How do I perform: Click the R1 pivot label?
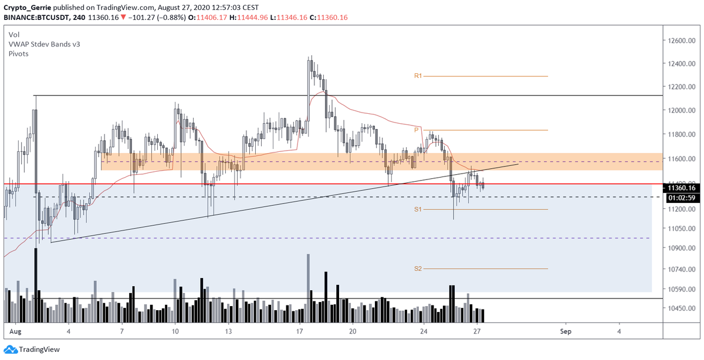pyautogui.click(x=418, y=76)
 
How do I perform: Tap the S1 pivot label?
pyautogui.click(x=418, y=209)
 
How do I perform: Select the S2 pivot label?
pyautogui.click(x=418, y=269)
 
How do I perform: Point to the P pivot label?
pyautogui.click(x=416, y=130)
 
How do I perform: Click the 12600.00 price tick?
pyautogui.click(x=681, y=40)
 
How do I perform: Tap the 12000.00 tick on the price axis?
pyautogui.click(x=681, y=111)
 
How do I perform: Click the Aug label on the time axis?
pyautogui.click(x=16, y=331)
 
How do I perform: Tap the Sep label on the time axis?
pyautogui.click(x=566, y=331)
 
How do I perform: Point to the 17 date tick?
pyautogui.click(x=299, y=331)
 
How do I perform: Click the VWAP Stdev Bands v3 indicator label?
pyautogui.click(x=40, y=44)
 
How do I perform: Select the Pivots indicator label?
pyautogui.click(x=19, y=53)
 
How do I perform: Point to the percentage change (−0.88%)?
pyautogui.click(x=167, y=17)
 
